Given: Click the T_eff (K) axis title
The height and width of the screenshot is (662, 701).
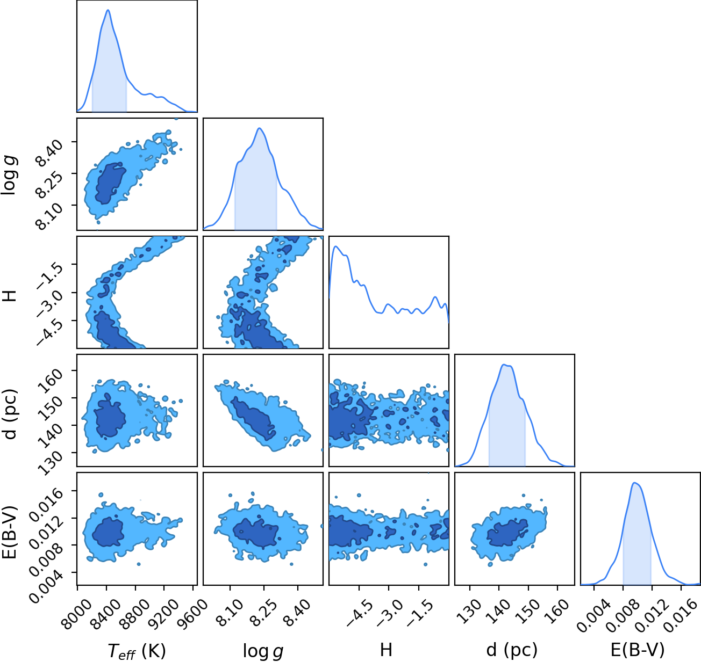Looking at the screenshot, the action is coord(137,650).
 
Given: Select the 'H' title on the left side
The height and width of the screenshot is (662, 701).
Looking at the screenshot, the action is coord(9,296).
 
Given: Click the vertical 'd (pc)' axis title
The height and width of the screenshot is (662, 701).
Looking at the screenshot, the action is coord(10,414).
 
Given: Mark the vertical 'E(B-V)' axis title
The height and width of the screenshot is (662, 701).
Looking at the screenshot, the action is coord(10,532).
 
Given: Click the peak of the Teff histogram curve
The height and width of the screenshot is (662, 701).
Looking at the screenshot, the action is coord(108,10).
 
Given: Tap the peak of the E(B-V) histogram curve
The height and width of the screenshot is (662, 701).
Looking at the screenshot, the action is coord(634,483).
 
